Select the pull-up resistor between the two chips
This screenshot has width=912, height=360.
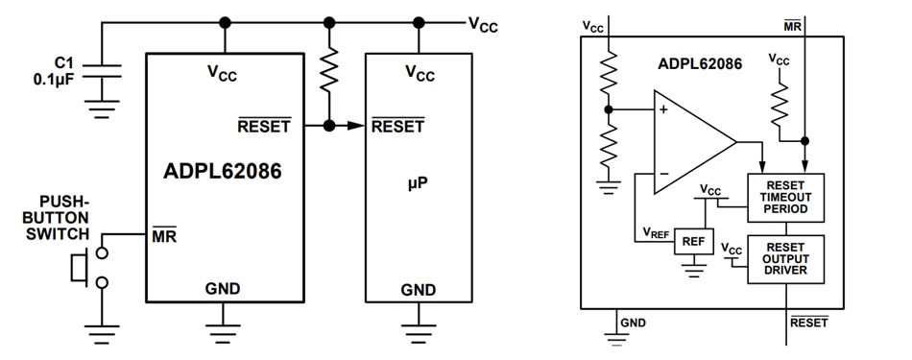tap(329, 72)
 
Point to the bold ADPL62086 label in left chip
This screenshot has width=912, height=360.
tap(224, 173)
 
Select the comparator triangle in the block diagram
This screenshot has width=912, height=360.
tap(690, 141)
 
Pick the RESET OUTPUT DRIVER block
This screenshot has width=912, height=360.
tap(785, 258)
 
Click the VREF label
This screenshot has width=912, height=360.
tap(656, 233)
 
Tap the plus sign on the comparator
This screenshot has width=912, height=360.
tap(663, 110)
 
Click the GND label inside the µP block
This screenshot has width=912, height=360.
tap(418, 289)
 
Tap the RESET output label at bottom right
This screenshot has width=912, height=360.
tap(808, 323)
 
